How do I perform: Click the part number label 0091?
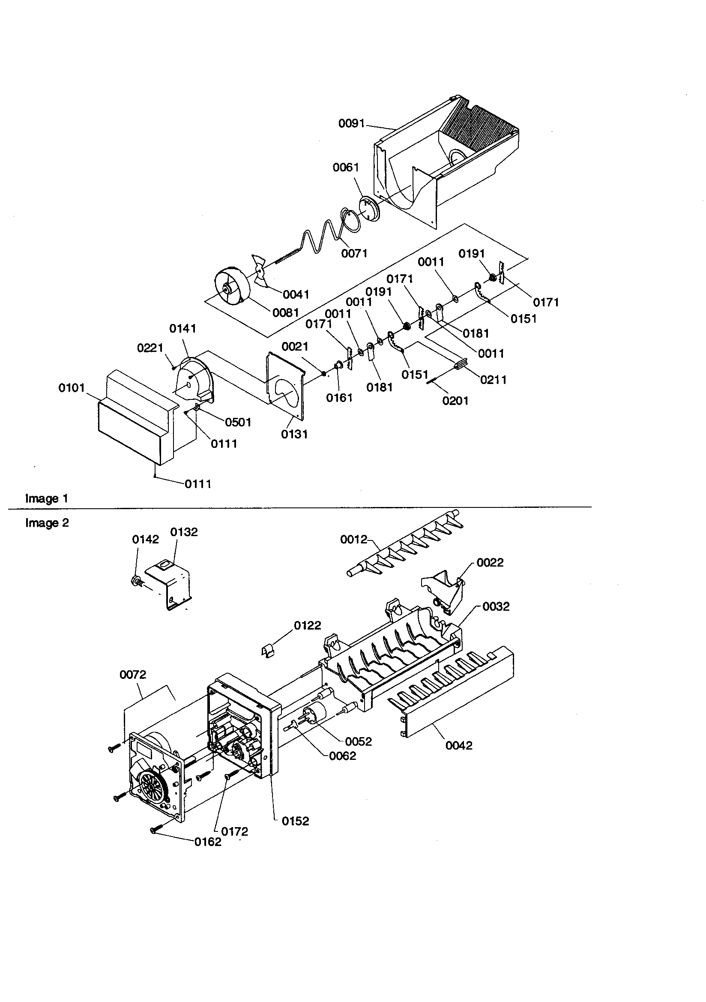coord(351,123)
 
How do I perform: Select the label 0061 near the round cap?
coord(346,168)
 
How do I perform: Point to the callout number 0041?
coord(296,294)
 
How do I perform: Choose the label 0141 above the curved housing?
coord(182,328)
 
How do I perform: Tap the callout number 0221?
coord(150,348)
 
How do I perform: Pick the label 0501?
coord(238,422)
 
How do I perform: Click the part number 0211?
coord(493,380)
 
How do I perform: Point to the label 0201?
coord(455,401)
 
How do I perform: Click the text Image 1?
coord(47,498)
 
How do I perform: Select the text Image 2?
coord(47,523)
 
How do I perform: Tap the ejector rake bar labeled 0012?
coord(406,555)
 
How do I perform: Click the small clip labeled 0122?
coord(269,651)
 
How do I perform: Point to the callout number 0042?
coord(459,745)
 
